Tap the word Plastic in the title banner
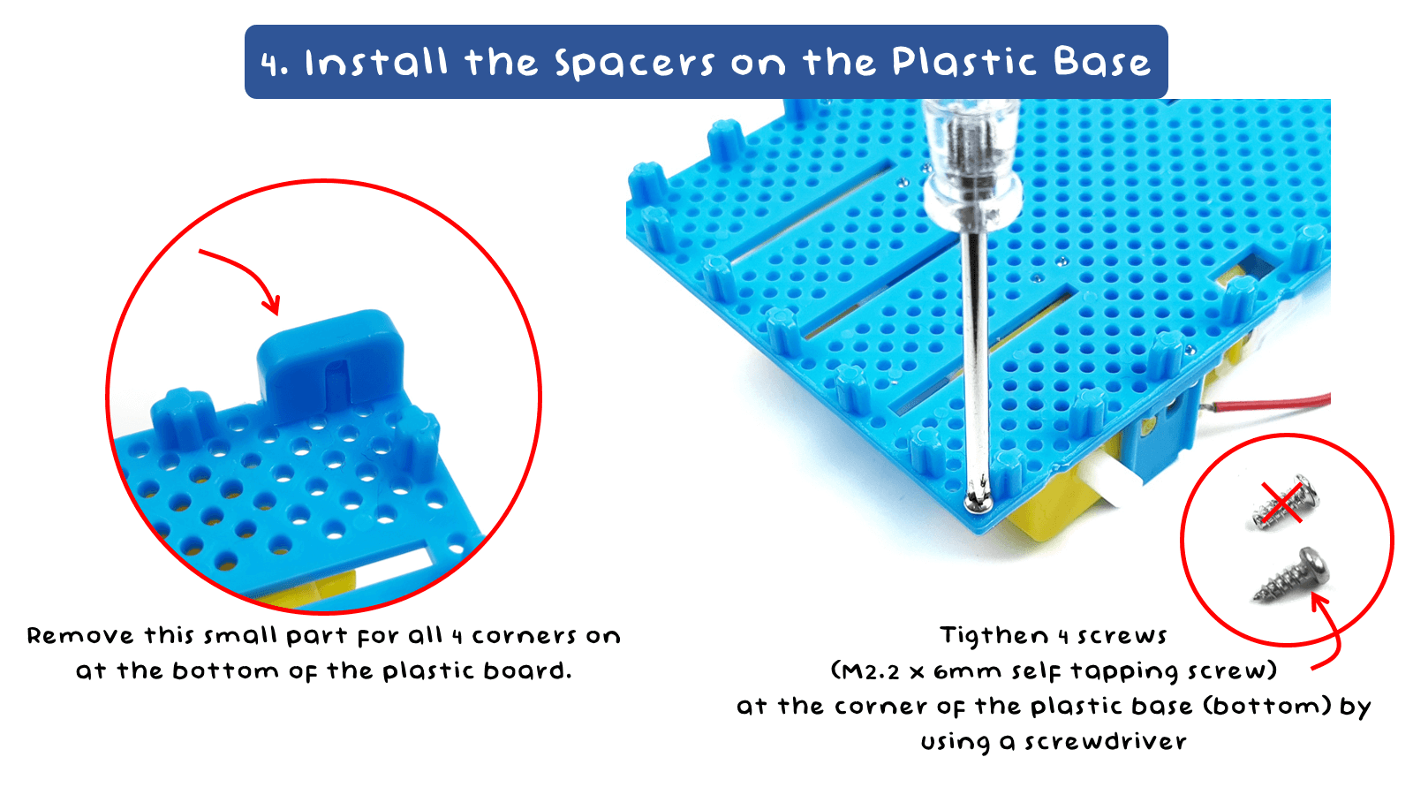pos(963,62)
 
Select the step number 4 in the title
pos(274,64)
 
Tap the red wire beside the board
pos(1272,403)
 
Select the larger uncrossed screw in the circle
pos(1295,575)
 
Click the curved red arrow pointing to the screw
pos(1329,632)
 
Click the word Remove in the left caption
pos(80,636)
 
